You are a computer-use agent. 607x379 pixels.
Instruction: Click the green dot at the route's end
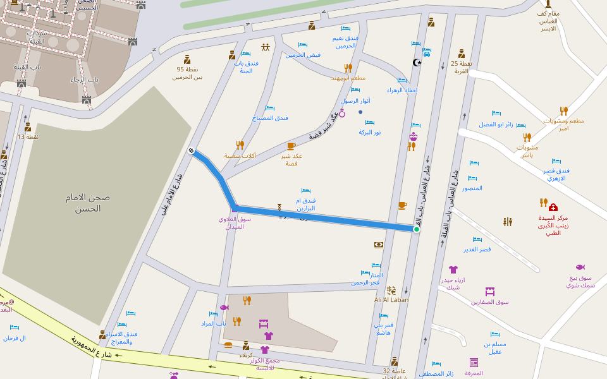[x=417, y=229]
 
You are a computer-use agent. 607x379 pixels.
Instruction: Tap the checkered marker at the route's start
[x=191, y=150]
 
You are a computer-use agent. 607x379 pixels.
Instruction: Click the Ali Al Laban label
[x=391, y=300]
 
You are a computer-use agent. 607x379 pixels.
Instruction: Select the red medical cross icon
[x=553, y=207]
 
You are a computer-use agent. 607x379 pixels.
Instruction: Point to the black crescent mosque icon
[x=417, y=62]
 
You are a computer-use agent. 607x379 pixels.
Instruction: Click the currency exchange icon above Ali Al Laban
[x=391, y=291]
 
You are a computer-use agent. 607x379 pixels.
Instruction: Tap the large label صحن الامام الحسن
[x=87, y=203]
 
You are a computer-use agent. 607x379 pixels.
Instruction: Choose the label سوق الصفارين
[x=489, y=302]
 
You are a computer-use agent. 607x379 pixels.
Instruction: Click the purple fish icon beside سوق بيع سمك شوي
[x=580, y=267]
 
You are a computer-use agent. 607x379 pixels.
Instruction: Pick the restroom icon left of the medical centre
[x=508, y=222]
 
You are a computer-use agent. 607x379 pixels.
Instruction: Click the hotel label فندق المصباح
[x=270, y=117]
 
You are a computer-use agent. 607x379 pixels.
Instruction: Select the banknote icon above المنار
[x=379, y=244]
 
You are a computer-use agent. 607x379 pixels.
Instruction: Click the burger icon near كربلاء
[x=228, y=345]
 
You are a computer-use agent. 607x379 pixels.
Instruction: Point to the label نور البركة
[x=370, y=132]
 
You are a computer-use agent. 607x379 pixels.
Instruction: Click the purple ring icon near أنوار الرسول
[x=343, y=113]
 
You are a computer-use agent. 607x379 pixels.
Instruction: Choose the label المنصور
[x=472, y=188]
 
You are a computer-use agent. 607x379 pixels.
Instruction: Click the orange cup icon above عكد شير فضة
[x=291, y=147]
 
